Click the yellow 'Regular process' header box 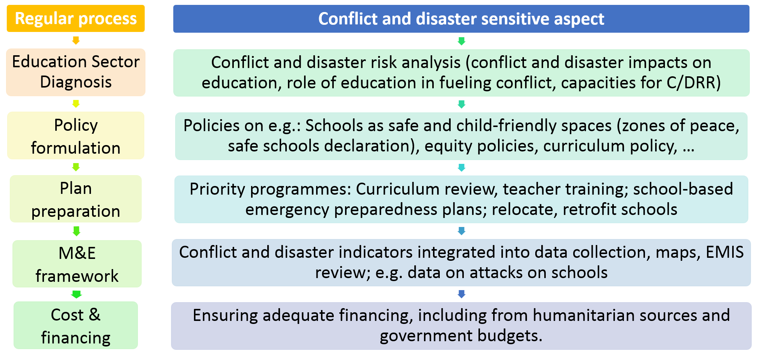76,19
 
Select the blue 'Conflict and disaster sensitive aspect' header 461,19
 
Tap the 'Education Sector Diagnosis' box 76,72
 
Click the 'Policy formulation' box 76,136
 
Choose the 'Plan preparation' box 76,199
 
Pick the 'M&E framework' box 77,264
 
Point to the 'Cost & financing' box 76,325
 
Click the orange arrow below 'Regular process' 76,41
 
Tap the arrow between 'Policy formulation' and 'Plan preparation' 76,167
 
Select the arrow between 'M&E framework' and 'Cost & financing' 77,294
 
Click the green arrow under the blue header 462,41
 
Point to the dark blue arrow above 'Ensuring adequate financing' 462,294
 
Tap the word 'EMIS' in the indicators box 724,252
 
